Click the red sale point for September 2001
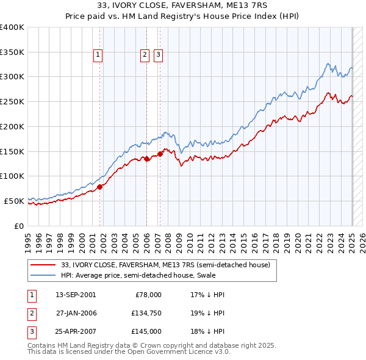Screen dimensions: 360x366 point(100,187)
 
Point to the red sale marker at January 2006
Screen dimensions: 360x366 point(147,159)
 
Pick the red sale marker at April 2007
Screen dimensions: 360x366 point(160,154)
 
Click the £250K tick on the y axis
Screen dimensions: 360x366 point(12,101)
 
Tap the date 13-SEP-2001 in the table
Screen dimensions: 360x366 point(76,295)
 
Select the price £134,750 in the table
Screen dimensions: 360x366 point(144,313)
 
